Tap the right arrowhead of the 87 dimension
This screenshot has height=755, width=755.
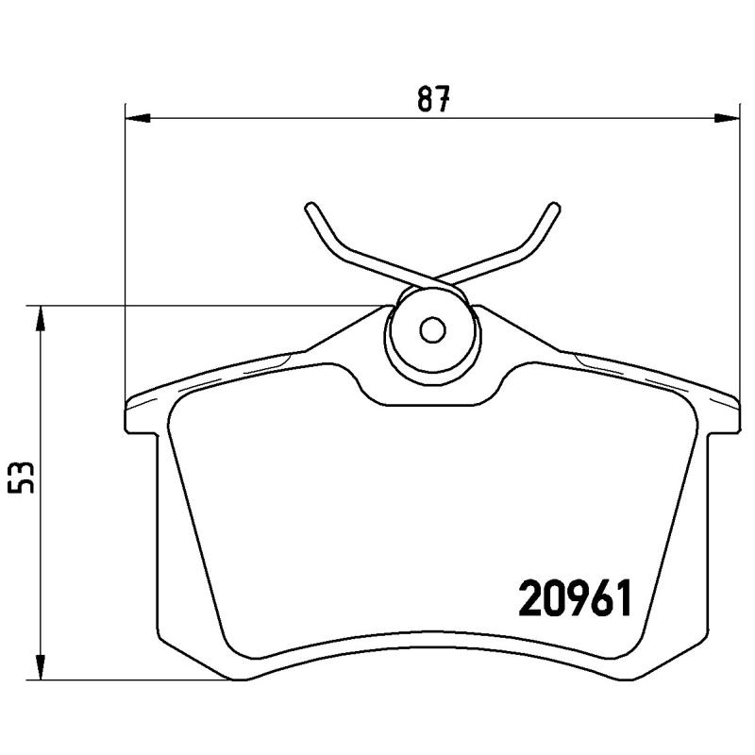[x=728, y=118]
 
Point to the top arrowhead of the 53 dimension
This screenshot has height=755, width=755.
[x=40, y=318]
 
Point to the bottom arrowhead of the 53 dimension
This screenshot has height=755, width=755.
[x=40, y=667]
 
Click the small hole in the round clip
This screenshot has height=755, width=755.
[x=432, y=330]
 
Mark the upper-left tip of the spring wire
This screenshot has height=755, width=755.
[x=310, y=206]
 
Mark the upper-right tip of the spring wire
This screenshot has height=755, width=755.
[x=554, y=206]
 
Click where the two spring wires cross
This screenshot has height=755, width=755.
[x=432, y=277]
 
